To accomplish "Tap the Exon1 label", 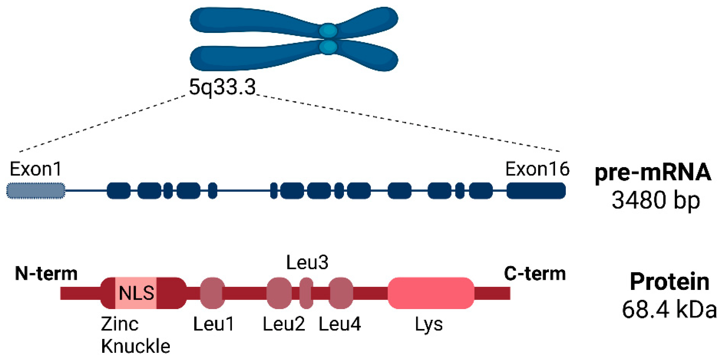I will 35,169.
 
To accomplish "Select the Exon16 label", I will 537,169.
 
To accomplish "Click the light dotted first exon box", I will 36,191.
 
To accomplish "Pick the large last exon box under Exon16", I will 536,191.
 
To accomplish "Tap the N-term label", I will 46,273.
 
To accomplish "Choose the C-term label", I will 535,273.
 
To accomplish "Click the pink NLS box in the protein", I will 136,293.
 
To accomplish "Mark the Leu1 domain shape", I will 212,293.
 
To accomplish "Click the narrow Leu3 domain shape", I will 306,293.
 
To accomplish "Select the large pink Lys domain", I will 431,293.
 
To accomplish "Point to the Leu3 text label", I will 307,262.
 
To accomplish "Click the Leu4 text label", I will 339,324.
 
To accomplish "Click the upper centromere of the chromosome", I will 328,30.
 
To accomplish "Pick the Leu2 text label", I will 284,324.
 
